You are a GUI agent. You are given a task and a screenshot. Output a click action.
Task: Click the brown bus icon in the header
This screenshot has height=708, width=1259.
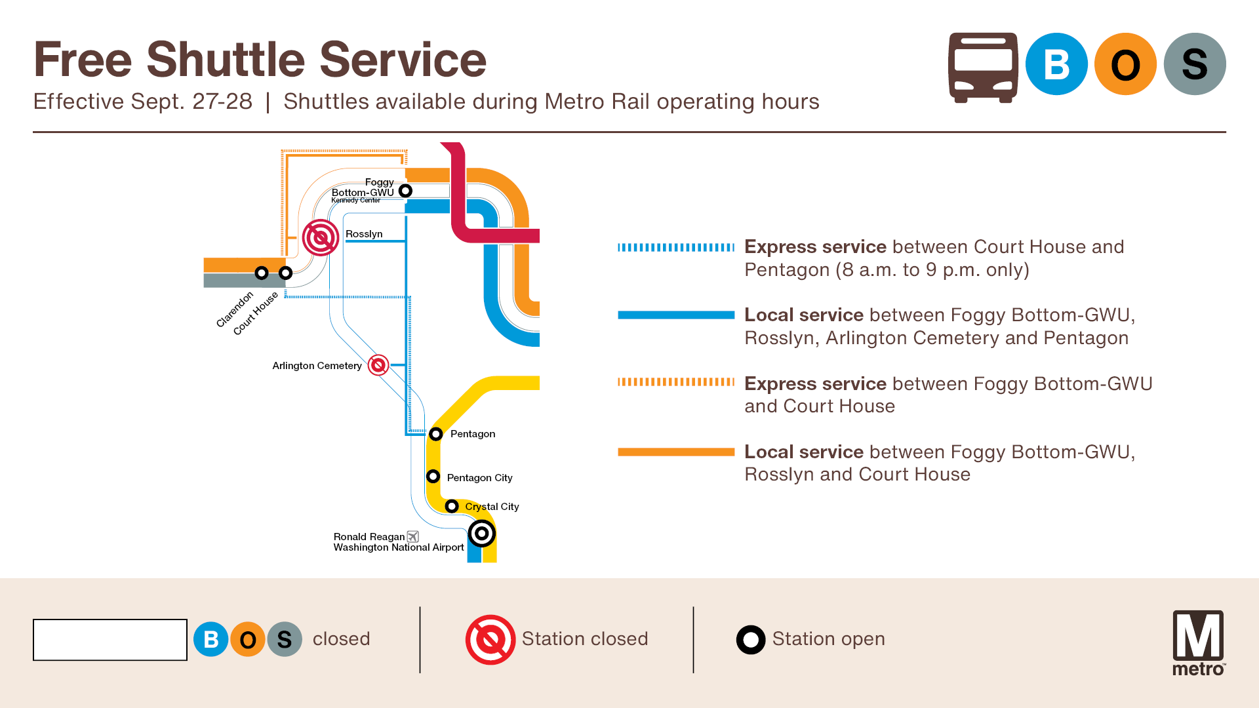pyautogui.click(x=983, y=68)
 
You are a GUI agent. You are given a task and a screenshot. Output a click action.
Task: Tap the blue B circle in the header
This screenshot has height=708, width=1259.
pyautogui.click(x=1056, y=64)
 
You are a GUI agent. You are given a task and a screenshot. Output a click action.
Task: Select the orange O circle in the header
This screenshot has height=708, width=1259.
pyautogui.click(x=1125, y=64)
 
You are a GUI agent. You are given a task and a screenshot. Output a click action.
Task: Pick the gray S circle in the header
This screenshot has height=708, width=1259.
pyautogui.click(x=1195, y=64)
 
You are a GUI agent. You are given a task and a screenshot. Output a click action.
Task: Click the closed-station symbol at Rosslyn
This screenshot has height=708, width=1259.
pyautogui.click(x=321, y=237)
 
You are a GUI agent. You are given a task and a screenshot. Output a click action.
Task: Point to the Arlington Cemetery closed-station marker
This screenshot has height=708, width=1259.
pyautogui.click(x=378, y=365)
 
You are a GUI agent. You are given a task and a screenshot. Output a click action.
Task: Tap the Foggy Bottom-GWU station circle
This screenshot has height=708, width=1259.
pyautogui.click(x=406, y=191)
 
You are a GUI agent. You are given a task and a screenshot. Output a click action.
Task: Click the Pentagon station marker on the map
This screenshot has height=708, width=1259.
pyautogui.click(x=436, y=434)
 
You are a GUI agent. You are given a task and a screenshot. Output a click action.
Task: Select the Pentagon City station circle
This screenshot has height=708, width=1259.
pyautogui.click(x=433, y=477)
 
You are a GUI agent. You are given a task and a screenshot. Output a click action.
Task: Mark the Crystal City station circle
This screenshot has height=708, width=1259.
pyautogui.click(x=452, y=506)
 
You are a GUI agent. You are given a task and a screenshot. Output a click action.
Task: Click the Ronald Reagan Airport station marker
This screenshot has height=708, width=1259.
pyautogui.click(x=482, y=534)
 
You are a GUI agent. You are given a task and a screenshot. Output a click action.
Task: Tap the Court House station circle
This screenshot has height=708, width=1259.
pyautogui.click(x=285, y=273)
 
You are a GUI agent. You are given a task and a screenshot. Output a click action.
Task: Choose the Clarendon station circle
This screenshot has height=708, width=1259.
pyautogui.click(x=262, y=273)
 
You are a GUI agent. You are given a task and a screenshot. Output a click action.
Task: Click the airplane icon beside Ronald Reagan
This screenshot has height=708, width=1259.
pyautogui.click(x=413, y=537)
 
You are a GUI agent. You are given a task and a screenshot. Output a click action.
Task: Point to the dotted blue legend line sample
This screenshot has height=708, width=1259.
pyautogui.click(x=676, y=247)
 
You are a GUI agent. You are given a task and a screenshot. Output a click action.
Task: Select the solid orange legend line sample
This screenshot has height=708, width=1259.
pyautogui.click(x=676, y=452)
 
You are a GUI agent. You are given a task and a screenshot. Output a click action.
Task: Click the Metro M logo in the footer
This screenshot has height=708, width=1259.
pyautogui.click(x=1199, y=642)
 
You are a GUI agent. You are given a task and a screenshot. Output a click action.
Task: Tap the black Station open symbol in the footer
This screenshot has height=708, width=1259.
pyautogui.click(x=751, y=640)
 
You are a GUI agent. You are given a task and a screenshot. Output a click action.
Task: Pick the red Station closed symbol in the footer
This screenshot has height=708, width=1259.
pyautogui.click(x=490, y=640)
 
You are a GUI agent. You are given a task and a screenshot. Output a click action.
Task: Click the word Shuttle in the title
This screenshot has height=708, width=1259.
pyautogui.click(x=226, y=60)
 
